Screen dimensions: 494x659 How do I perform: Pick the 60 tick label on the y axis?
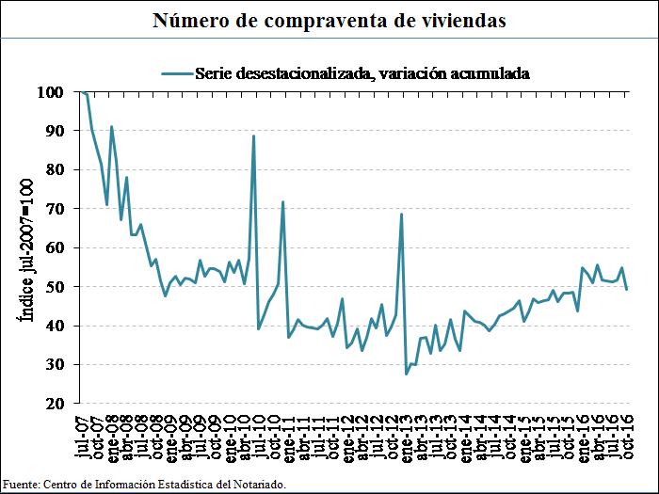[x=55, y=247]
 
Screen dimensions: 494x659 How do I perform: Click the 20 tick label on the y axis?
[x=55, y=403]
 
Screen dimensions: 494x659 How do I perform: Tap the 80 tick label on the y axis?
[x=55, y=170]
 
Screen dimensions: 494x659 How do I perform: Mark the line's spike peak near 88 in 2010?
[x=253, y=136]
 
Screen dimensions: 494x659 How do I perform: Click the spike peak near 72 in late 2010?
[x=283, y=202]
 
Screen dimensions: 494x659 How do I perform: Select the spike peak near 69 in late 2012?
[x=401, y=215]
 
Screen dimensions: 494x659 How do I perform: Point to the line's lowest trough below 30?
[x=407, y=374]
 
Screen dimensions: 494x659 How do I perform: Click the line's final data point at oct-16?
[x=627, y=289]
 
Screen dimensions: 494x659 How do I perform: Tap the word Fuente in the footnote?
[x=20, y=484]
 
